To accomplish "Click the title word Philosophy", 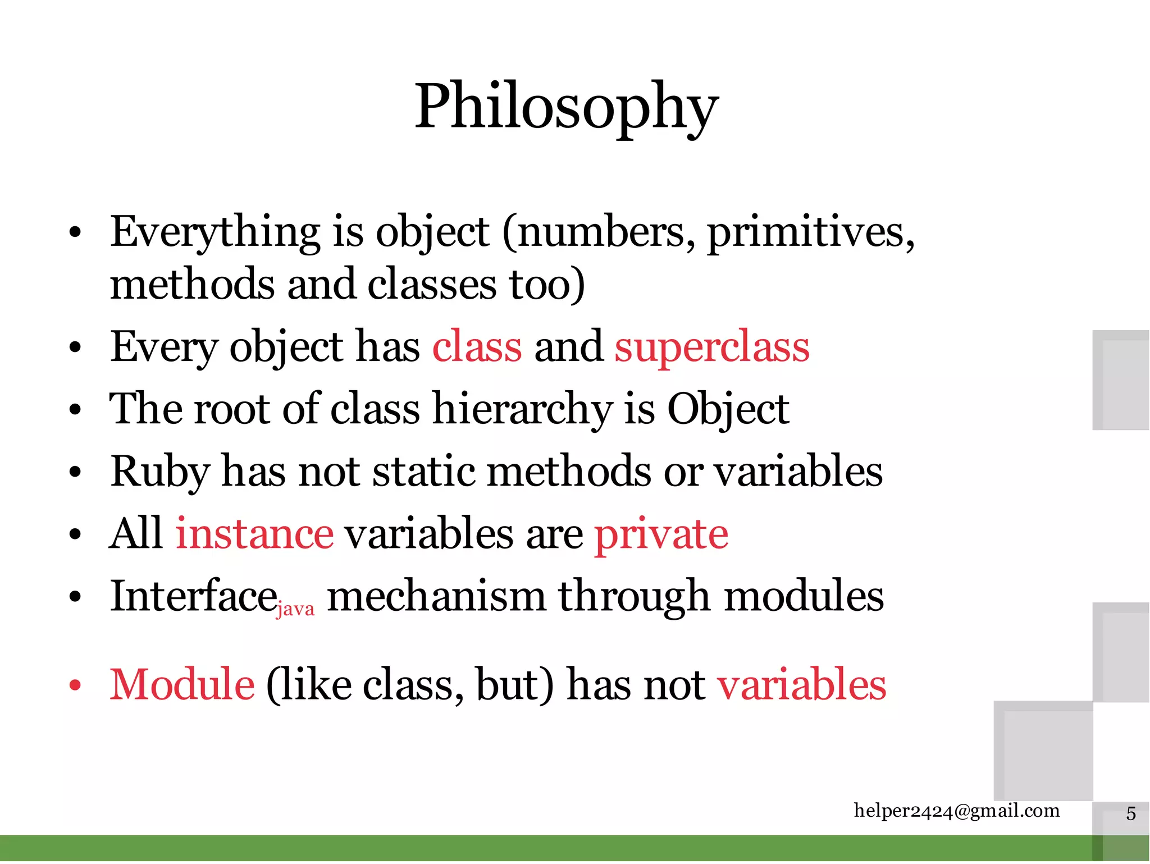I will pyautogui.click(x=566, y=107).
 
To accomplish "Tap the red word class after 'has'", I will pyautogui.click(x=477, y=346).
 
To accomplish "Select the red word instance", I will pyautogui.click(x=254, y=533).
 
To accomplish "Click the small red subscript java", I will pyautogui.click(x=295, y=609).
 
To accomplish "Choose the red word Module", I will pyautogui.click(x=182, y=684).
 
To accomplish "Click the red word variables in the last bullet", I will pyautogui.click(x=801, y=684).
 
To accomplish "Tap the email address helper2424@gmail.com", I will pyautogui.click(x=956, y=811).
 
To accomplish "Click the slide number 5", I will pyautogui.click(x=1130, y=813).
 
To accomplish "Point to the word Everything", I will pyautogui.click(x=215, y=232).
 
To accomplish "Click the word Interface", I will pyautogui.click(x=193, y=596).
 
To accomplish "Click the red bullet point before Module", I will pyautogui.click(x=75, y=685).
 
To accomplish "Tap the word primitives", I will pyautogui.click(x=810, y=232).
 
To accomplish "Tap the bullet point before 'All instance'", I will pyautogui.click(x=75, y=534).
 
